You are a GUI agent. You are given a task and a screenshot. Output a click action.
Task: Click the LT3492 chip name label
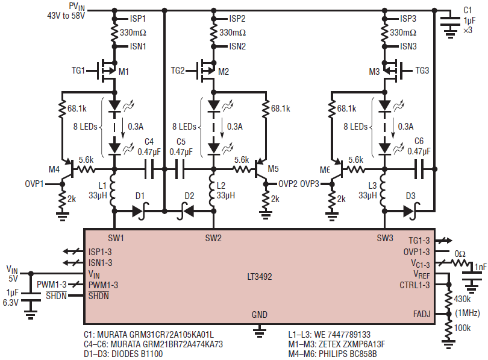(260, 277)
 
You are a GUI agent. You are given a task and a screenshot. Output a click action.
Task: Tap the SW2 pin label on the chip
(213, 238)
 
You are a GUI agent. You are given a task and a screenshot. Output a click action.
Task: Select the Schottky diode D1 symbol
(140, 211)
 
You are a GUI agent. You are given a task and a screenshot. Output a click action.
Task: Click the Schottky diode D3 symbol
(411, 211)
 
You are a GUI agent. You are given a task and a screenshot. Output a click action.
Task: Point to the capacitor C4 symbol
(149, 169)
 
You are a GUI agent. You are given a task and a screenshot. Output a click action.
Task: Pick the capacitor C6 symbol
(419, 169)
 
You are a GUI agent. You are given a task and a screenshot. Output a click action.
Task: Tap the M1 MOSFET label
(124, 72)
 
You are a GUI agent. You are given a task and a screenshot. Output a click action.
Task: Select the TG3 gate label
(422, 71)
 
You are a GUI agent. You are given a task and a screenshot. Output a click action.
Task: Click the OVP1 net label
(34, 184)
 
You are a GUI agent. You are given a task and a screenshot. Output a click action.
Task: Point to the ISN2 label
(237, 46)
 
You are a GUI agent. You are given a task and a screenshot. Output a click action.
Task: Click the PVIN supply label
(77, 7)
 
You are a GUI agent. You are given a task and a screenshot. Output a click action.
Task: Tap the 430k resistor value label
(462, 299)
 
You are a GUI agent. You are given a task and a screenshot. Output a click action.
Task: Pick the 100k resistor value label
(462, 327)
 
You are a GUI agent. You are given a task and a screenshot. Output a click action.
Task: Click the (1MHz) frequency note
(468, 313)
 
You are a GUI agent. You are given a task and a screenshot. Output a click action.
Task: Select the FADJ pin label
(422, 314)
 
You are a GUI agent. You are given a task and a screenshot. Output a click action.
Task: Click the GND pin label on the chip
(260, 315)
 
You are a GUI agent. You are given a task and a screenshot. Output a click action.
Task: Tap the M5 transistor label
(274, 169)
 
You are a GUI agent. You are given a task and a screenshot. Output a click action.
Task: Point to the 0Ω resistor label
(460, 254)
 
